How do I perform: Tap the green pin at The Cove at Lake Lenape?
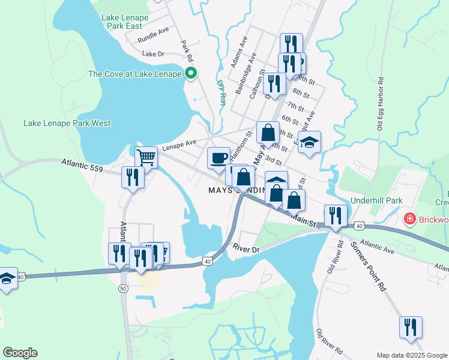coord(191,74)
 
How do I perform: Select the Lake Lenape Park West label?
coord(67,123)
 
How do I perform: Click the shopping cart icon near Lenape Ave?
coord(146,158)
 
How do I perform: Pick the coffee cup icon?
coord(218,158)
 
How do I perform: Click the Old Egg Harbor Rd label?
coord(380,104)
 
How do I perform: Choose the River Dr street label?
coord(246,248)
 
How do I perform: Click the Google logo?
coord(20,353)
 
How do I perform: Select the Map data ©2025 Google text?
coord(412,355)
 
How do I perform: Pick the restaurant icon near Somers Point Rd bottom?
coord(411,327)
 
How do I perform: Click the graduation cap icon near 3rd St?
coord(310,143)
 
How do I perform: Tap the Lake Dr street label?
coord(153,54)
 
